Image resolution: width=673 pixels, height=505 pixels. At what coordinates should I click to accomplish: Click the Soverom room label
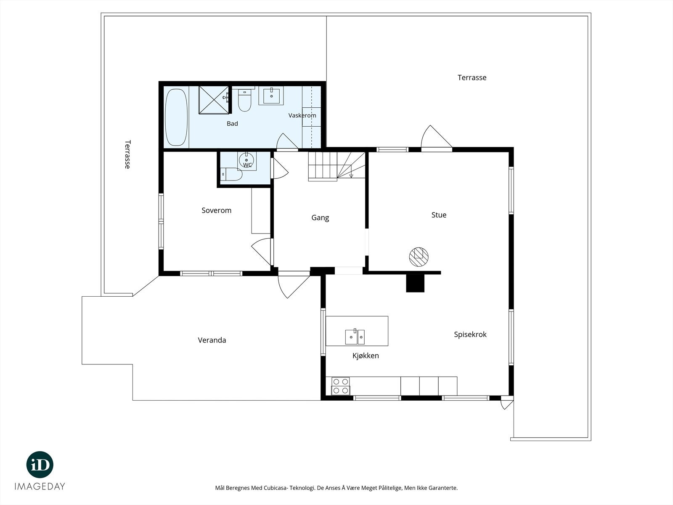pos(216,210)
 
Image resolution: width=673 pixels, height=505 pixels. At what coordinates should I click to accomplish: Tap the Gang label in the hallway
pos(320,218)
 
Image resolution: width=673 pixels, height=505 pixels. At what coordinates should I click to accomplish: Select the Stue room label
pos(439,215)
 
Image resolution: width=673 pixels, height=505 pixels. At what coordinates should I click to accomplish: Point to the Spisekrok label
pos(470,335)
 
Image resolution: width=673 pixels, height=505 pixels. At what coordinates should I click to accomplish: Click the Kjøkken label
pos(366,356)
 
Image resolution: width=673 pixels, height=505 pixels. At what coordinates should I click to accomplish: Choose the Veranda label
pos(212,340)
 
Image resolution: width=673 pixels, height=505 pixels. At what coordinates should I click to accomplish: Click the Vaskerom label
pos(302,116)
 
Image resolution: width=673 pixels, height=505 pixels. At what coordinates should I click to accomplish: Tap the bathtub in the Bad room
pos(176,117)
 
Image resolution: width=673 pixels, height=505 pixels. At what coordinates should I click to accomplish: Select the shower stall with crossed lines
pos(214,100)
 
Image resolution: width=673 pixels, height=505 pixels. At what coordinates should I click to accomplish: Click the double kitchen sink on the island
pos(355,337)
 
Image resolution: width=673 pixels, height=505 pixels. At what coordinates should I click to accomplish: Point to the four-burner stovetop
pos(341,386)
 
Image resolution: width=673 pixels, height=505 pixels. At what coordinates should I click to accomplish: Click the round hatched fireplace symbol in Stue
pos(419,257)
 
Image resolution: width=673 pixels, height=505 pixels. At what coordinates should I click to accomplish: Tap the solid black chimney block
pos(415,283)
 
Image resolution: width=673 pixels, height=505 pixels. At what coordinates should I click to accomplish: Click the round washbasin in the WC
pos(246,160)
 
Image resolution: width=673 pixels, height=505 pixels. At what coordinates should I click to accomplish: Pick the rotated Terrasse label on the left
pos(127,154)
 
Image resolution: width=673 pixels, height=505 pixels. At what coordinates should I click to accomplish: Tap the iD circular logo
pos(40,465)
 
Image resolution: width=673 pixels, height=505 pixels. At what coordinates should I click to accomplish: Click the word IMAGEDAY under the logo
pos(40,486)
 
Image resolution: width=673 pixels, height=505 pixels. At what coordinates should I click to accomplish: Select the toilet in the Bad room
pos(245,100)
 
